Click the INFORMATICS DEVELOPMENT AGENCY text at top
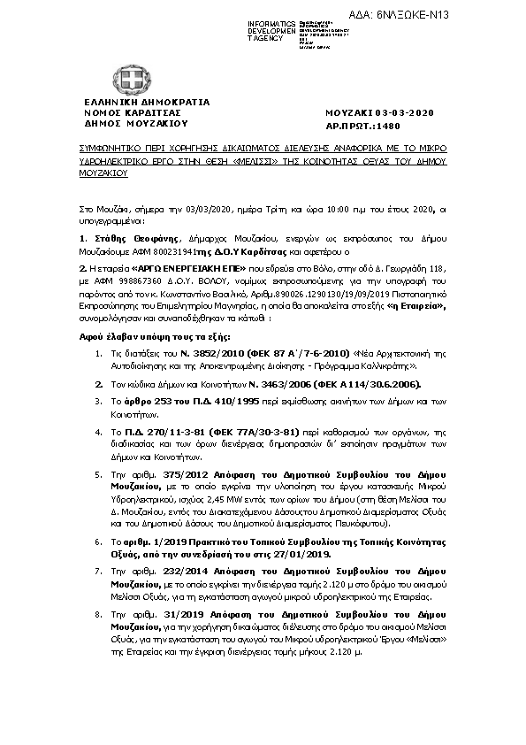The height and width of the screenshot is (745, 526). click(271, 27)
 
